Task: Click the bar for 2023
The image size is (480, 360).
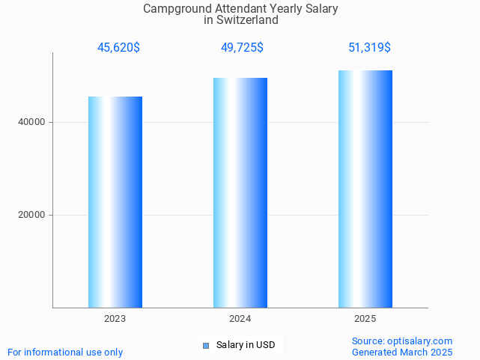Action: [115, 202]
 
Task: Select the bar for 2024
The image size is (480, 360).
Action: [240, 193]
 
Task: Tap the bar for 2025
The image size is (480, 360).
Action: [365, 189]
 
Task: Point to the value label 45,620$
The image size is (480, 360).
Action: [118, 48]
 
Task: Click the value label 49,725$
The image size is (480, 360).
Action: [242, 48]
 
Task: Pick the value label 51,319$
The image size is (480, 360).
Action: [369, 48]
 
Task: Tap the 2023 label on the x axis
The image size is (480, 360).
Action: [115, 319]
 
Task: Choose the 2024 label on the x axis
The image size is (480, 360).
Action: [240, 319]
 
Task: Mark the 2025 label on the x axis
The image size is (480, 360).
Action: [365, 319]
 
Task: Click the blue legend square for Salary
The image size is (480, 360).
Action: [207, 345]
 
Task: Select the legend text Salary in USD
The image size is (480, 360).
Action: [246, 345]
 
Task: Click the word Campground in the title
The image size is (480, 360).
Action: [174, 9]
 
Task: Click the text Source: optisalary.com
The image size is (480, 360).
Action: [402, 341]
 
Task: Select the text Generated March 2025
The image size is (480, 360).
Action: [402, 352]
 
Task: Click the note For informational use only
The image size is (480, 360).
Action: [65, 352]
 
